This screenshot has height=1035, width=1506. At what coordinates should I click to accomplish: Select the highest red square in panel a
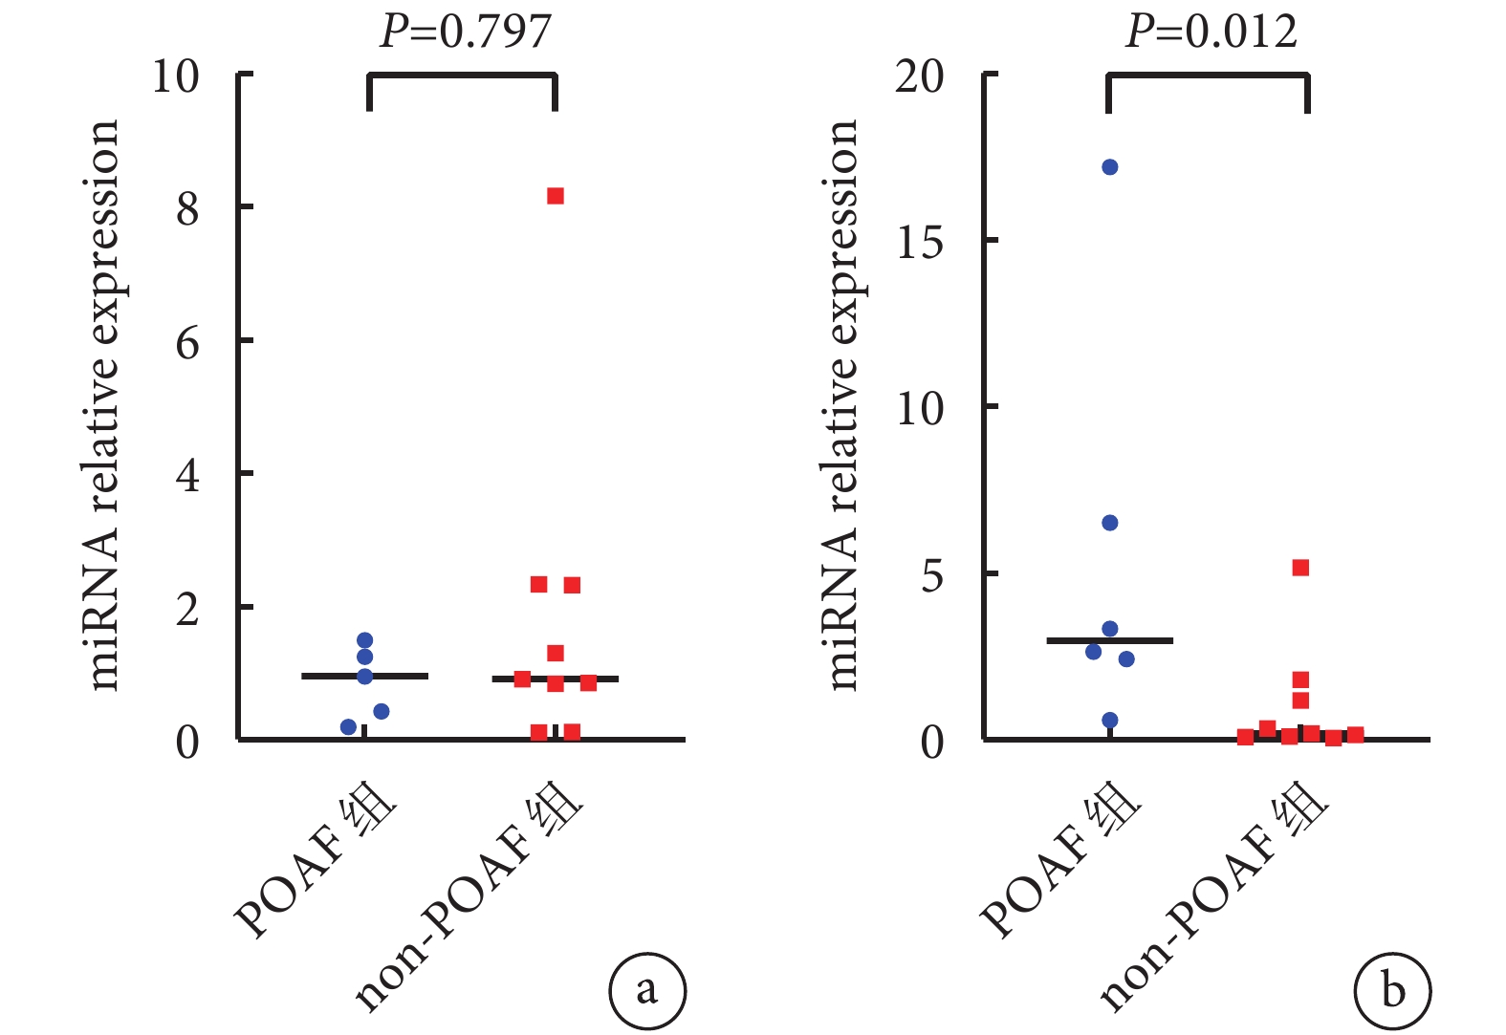556,196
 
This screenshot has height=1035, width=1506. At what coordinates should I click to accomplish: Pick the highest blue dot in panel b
1110,167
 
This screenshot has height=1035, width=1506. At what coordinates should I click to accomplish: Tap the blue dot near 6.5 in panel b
1110,523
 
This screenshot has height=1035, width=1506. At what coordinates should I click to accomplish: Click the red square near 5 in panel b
1300,568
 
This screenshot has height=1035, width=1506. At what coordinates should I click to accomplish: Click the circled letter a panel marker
647,990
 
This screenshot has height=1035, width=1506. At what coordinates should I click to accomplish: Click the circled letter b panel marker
1392,990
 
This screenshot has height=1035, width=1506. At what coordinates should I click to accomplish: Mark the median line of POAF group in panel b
1109,640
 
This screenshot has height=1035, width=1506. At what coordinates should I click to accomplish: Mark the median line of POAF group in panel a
364,676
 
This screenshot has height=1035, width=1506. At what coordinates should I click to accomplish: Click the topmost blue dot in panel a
364,640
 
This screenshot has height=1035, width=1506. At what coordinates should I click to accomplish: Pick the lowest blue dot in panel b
1110,721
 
